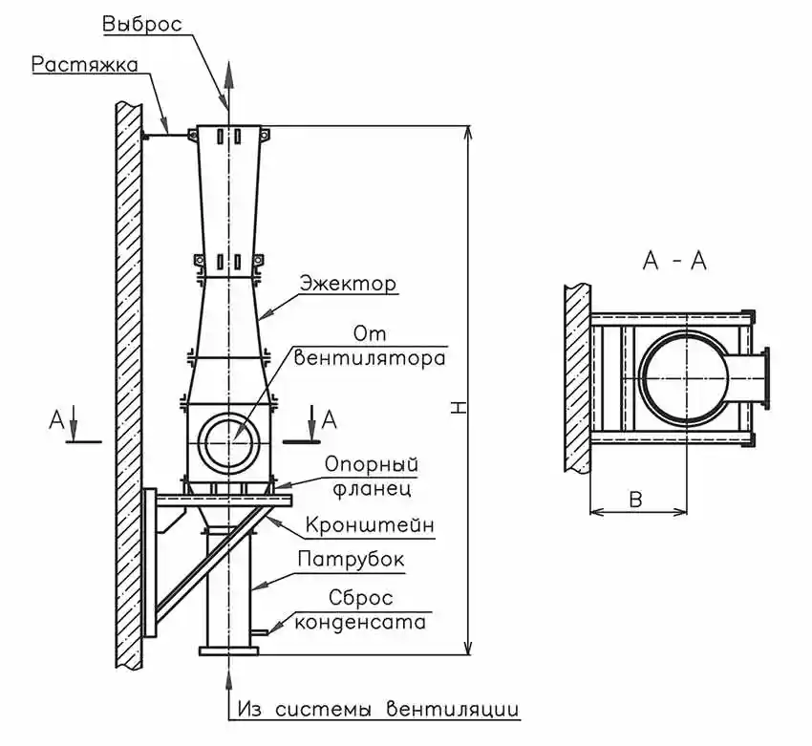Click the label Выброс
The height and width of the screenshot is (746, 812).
click(x=142, y=24)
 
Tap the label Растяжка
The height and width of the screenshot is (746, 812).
click(x=85, y=65)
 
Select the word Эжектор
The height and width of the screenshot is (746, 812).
click(x=349, y=284)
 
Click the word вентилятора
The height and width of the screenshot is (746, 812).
click(x=370, y=358)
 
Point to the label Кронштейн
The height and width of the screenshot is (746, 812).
click(x=370, y=525)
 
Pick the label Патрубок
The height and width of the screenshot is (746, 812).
click(x=352, y=559)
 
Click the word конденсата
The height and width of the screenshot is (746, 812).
click(x=360, y=622)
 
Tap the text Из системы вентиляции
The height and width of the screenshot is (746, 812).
click(x=378, y=709)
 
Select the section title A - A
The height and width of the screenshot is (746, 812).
click(x=674, y=261)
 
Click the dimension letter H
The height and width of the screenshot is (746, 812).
click(x=458, y=407)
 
